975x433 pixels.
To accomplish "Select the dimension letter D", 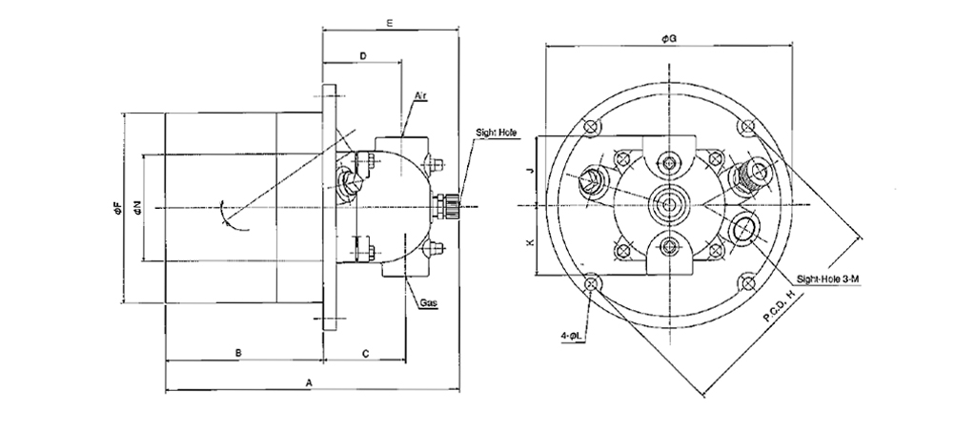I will point(363,57).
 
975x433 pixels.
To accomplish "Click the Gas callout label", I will point(428,302).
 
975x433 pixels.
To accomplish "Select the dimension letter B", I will point(238,353).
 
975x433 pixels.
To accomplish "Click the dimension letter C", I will point(366,353).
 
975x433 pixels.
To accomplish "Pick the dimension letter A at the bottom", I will point(310,381).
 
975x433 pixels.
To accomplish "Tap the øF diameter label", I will point(114,207).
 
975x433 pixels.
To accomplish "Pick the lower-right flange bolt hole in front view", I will point(745,282).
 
